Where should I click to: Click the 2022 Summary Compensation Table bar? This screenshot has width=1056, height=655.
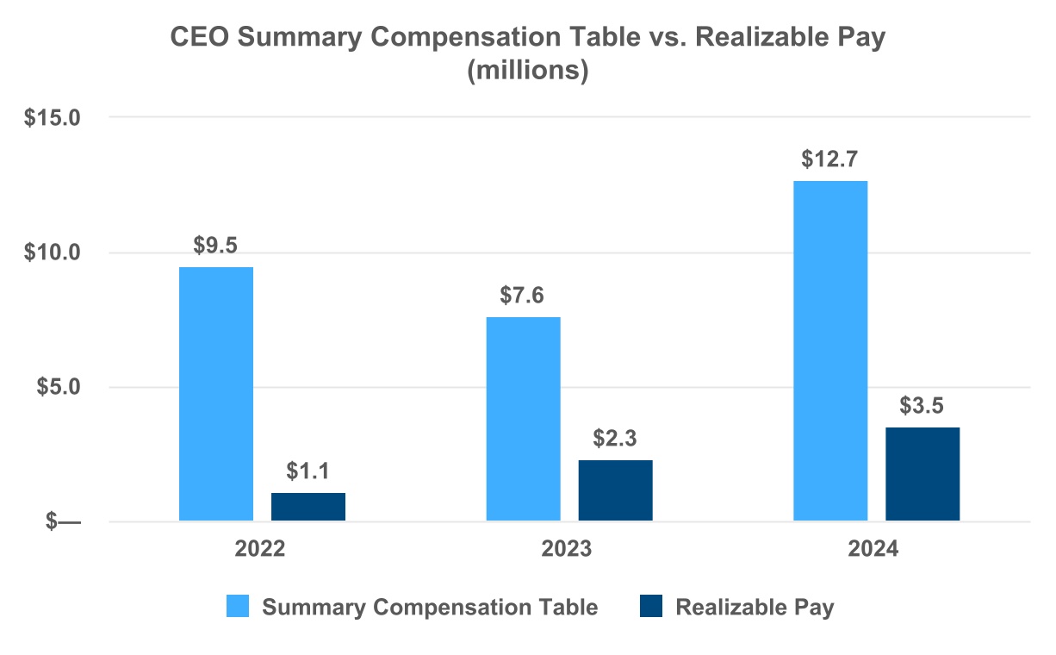tap(215, 394)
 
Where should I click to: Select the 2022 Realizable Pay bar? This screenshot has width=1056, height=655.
tap(308, 507)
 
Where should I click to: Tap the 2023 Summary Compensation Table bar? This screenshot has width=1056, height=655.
tap(523, 419)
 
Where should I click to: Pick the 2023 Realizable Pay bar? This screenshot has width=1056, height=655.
tap(615, 490)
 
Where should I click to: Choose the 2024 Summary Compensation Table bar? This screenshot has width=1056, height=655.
tap(830, 351)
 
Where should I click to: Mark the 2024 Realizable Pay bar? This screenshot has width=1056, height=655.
tap(922, 474)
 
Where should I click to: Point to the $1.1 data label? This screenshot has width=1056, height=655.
tap(308, 471)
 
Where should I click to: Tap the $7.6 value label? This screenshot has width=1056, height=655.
tap(523, 295)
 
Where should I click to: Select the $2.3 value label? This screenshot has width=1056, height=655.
tap(615, 438)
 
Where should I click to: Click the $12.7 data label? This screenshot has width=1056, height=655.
tap(830, 159)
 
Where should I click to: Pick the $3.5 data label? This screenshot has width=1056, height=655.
tap(922, 405)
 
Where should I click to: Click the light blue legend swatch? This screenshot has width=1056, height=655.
tap(239, 607)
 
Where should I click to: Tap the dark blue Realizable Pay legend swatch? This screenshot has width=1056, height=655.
tap(652, 607)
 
